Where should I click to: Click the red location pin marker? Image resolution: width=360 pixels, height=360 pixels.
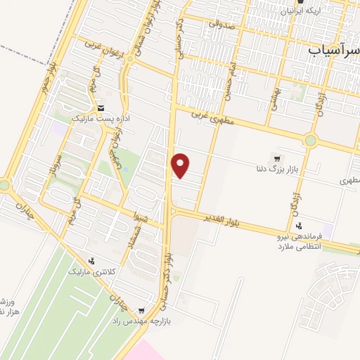(181, 165)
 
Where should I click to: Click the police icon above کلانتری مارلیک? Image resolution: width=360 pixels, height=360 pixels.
(91, 261)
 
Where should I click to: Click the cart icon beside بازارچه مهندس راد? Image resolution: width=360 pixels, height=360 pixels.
(141, 311)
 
